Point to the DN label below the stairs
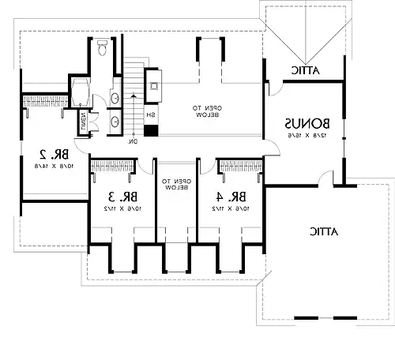pyautogui.click(x=134, y=141)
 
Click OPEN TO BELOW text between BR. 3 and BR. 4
pyautogui.click(x=178, y=184)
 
